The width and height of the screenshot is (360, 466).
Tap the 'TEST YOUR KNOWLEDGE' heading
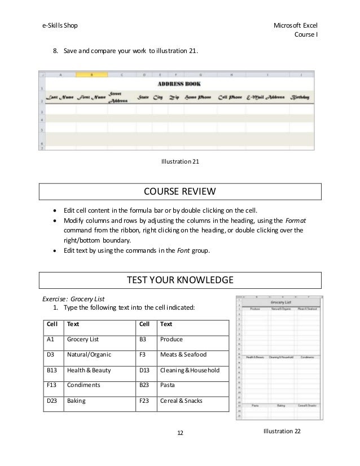coord(179,279)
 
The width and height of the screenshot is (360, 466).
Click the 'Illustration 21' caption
coord(179,162)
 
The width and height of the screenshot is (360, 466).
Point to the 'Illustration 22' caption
coord(282,431)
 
